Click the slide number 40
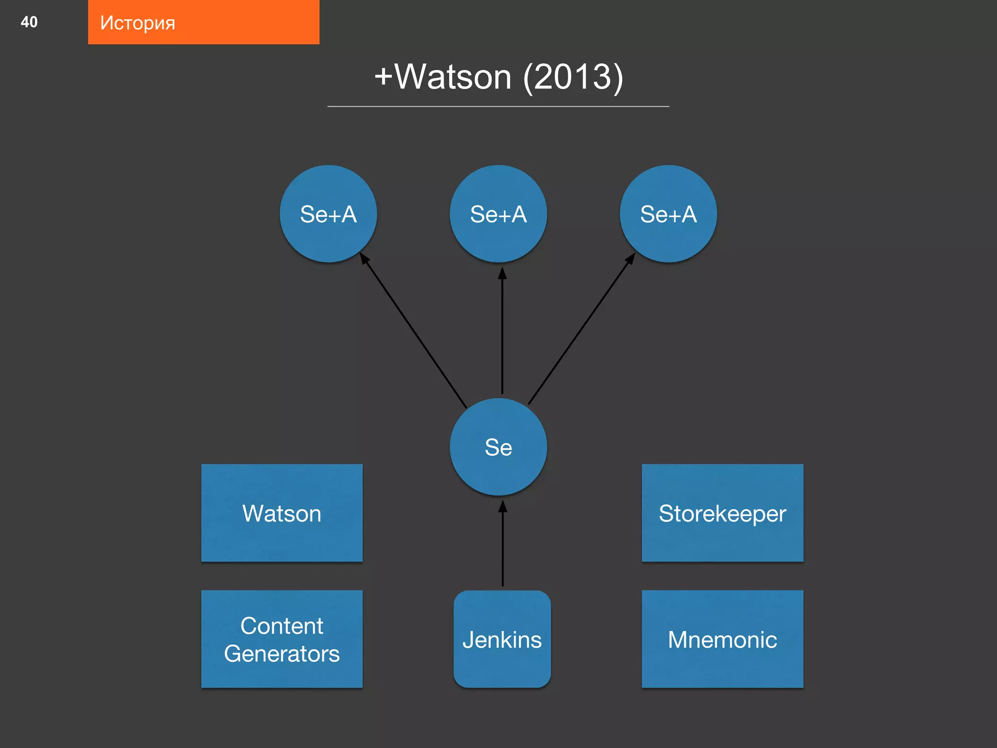(x=29, y=22)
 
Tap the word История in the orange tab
(x=137, y=23)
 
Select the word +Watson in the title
(x=443, y=77)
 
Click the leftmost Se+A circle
(x=328, y=214)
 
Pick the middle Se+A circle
(x=498, y=214)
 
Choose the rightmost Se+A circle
(x=668, y=214)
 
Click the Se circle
(x=498, y=447)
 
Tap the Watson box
(x=282, y=513)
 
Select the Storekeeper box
(x=722, y=513)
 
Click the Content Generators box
(x=282, y=639)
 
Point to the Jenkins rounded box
(x=502, y=639)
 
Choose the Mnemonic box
(x=722, y=639)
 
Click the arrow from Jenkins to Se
(x=502, y=545)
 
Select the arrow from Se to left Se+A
(x=414, y=331)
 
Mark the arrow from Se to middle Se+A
(x=502, y=331)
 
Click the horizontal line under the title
(x=498, y=106)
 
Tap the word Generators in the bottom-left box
(x=282, y=654)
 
